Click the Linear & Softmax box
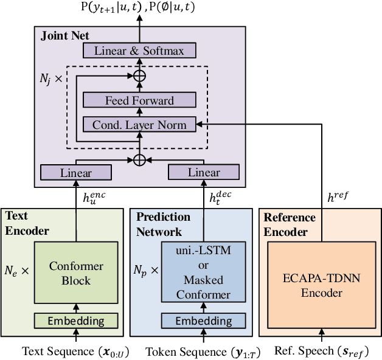click(x=139, y=50)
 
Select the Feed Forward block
click(x=139, y=100)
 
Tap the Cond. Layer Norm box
click(x=139, y=125)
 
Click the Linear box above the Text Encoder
click(x=76, y=173)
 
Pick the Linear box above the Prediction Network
click(x=204, y=173)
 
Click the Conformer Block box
click(x=76, y=273)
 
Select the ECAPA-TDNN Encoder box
click(x=321, y=285)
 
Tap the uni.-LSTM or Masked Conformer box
click(x=204, y=273)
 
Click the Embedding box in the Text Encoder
click(x=76, y=320)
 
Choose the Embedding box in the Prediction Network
click(x=204, y=320)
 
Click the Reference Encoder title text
click(x=290, y=224)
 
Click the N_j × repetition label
click(x=50, y=78)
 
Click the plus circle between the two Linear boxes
click(x=139, y=159)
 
